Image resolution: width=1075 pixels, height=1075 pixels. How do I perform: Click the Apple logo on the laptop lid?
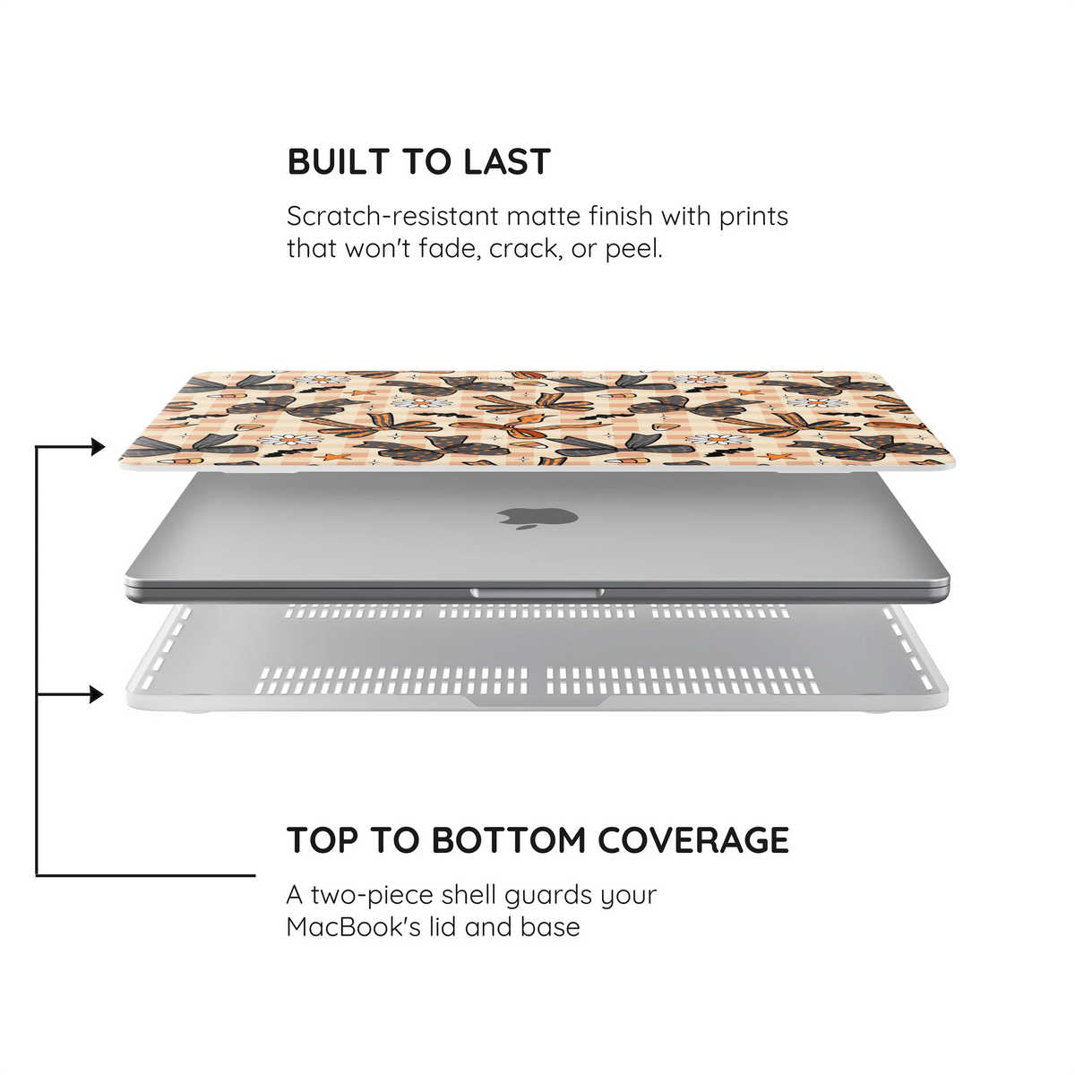click(537, 518)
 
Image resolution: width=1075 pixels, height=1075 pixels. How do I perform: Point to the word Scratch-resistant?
click(392, 216)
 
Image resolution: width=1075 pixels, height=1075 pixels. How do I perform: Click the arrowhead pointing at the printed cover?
click(99, 447)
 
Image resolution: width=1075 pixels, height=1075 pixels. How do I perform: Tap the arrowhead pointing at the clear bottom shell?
click(97, 695)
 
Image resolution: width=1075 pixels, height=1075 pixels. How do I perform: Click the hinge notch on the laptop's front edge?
click(537, 593)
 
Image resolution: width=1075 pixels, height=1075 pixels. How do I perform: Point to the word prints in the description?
click(753, 218)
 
